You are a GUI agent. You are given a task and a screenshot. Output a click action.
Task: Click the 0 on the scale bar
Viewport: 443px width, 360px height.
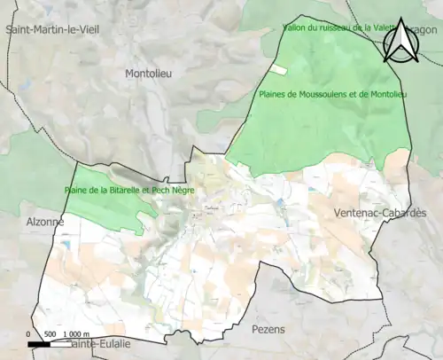pyautogui.click(x=28, y=334)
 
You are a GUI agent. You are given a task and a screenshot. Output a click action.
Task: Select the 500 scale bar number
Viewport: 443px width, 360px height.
pyautogui.click(x=50, y=334)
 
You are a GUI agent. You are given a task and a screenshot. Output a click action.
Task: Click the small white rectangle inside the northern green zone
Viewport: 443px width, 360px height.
pyautogui.click(x=279, y=69)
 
